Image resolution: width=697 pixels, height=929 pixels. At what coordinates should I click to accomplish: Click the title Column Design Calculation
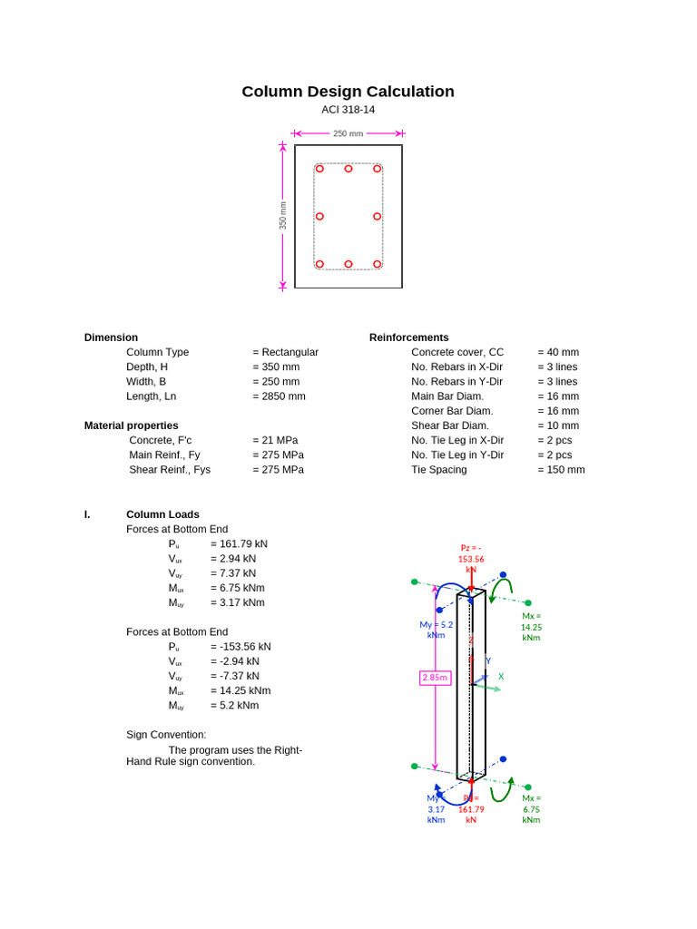coord(348,92)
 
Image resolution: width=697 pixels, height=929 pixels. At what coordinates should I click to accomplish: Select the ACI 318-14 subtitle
coord(348,110)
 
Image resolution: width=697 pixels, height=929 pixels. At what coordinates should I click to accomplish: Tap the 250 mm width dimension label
coord(348,133)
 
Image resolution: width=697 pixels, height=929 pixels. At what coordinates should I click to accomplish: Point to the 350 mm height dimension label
coord(282,215)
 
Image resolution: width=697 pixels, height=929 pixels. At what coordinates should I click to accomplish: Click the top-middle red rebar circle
coord(348,169)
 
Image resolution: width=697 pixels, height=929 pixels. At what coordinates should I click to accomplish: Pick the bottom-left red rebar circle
coord(319,264)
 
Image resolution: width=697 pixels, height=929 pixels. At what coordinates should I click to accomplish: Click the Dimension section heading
coord(111,337)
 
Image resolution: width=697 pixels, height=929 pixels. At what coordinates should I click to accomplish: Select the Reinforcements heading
coord(408,337)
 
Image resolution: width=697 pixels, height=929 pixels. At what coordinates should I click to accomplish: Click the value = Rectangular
coord(285,352)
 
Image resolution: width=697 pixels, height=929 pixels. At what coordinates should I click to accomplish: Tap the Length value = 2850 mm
coord(279,396)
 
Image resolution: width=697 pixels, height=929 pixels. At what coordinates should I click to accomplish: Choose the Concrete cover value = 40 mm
coord(557,352)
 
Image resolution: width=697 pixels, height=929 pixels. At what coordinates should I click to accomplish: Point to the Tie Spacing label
coord(439,470)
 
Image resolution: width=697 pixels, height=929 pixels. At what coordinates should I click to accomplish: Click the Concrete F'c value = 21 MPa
coord(275,440)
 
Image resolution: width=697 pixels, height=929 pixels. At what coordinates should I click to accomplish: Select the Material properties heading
coord(131,425)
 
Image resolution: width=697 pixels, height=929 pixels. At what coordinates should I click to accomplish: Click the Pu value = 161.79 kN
coord(239,544)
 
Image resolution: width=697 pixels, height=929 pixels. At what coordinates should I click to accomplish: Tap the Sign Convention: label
coord(166,735)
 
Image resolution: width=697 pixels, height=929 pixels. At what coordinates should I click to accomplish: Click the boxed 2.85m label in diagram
coord(435,678)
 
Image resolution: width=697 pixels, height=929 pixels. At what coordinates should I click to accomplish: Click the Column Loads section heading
coord(162,514)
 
